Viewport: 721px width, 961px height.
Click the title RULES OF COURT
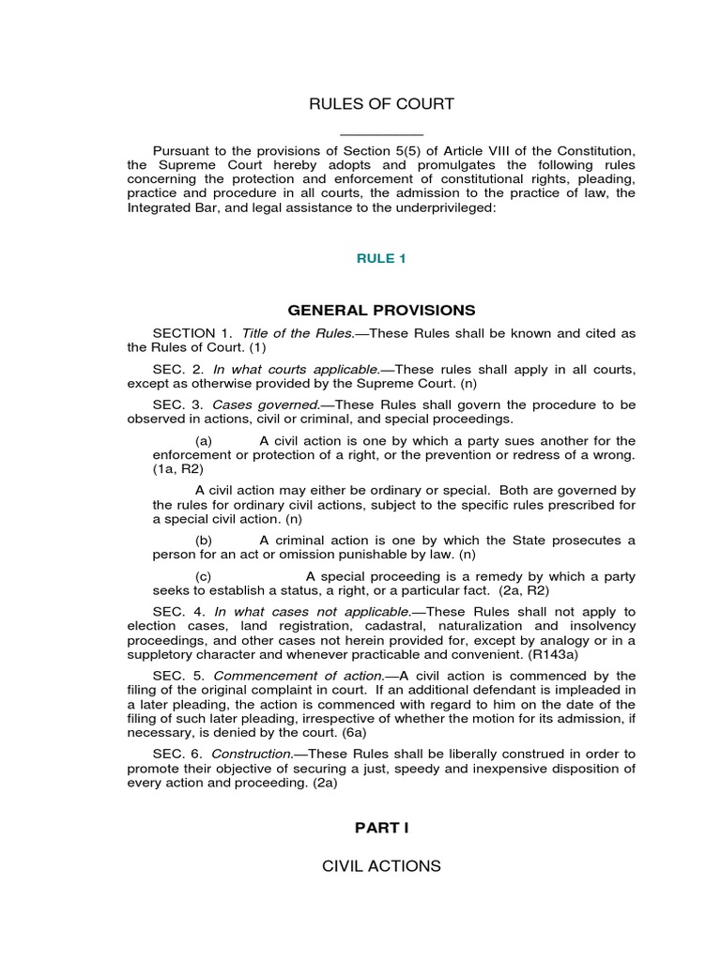click(381, 104)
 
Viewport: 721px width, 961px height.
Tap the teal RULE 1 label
click(381, 259)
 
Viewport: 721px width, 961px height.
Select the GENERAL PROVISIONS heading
click(381, 311)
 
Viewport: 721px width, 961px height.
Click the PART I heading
click(381, 828)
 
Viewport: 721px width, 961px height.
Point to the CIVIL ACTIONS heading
click(381, 866)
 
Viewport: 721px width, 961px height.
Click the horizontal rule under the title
click(381, 136)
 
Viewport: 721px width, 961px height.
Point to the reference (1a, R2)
click(178, 469)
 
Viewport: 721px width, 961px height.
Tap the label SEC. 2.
click(173, 369)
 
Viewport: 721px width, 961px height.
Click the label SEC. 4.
click(173, 612)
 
